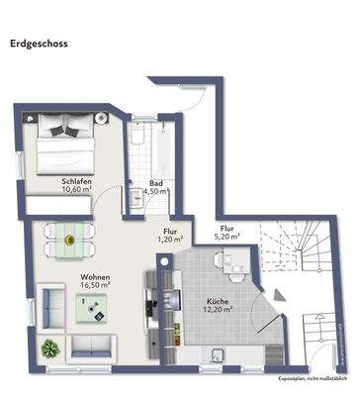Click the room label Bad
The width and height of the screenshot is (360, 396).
click(x=156, y=183)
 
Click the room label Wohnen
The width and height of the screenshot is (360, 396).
click(x=96, y=276)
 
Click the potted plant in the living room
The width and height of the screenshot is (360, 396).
click(x=48, y=348)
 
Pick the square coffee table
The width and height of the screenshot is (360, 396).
click(x=96, y=309)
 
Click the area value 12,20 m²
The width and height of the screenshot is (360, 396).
click(x=219, y=310)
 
